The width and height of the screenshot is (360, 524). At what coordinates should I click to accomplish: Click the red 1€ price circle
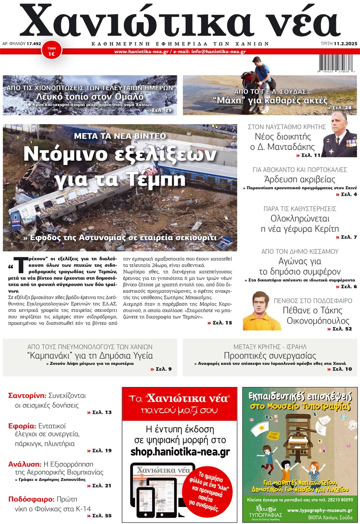pos(51,52)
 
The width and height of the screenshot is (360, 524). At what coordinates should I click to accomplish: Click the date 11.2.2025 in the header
pos(345,43)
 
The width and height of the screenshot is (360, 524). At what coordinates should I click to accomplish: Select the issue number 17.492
pos(34,43)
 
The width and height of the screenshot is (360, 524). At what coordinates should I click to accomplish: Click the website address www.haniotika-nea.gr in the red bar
pos(141,52)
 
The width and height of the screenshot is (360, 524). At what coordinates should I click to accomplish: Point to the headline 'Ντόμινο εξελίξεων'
pos(120,154)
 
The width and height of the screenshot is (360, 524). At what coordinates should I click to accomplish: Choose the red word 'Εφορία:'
pos(22,426)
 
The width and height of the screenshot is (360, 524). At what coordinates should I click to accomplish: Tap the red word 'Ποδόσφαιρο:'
pos(31,499)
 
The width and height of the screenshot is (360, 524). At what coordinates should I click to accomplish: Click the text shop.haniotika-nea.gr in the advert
pos(180,452)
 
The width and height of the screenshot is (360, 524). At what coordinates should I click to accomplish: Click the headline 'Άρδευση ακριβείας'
pos(300,179)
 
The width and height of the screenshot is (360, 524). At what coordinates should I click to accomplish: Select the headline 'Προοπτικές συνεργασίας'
pos(270,355)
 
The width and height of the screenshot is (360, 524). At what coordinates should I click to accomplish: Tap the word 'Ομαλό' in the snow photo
pos(129,96)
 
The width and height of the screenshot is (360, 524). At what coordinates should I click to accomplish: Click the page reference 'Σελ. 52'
pos(342,329)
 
